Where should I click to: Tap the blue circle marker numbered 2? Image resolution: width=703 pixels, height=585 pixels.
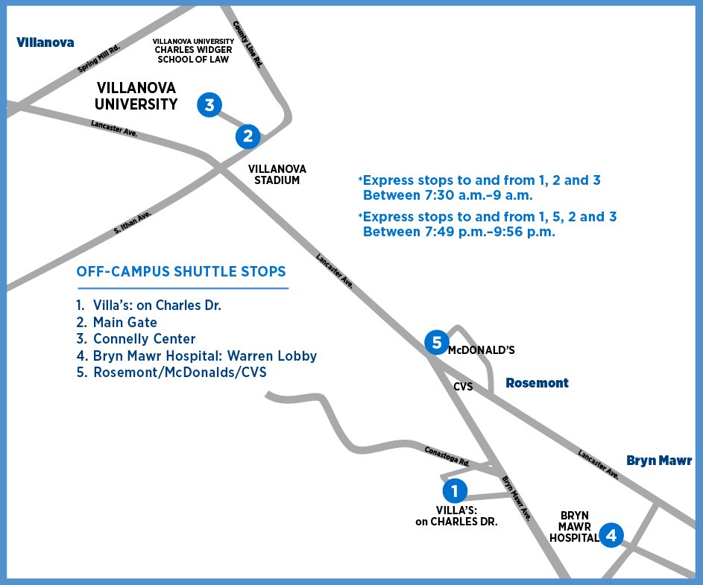248,136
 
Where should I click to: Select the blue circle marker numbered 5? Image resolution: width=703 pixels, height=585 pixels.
437,342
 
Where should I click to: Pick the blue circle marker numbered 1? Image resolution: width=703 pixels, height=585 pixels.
455,490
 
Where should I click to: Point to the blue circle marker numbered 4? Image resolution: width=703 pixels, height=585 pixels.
611,534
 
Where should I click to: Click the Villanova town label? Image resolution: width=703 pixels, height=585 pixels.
45,42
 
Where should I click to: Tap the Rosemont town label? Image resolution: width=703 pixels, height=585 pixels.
537,383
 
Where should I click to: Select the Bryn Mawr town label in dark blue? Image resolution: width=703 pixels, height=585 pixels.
659,461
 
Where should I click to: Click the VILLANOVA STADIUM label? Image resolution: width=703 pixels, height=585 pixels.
277,174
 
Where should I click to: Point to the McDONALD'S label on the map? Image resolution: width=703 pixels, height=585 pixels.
481,349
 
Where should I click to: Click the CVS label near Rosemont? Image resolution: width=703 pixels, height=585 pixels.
463,387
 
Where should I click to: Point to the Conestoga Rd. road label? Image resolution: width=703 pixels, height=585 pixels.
447,456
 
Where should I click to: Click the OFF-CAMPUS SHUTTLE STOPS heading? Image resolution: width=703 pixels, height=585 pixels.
181,272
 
